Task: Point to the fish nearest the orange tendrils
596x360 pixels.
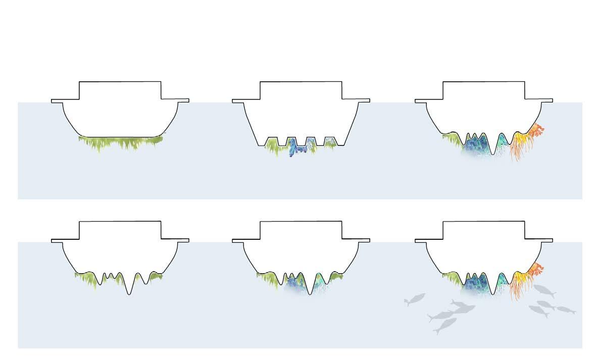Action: point(544,290)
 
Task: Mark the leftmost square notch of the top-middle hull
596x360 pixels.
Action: point(273,140)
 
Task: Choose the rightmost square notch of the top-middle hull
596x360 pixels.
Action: point(330,140)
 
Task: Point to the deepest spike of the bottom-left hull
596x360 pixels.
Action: point(130,292)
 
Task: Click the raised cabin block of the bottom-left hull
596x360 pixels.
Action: point(120,230)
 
